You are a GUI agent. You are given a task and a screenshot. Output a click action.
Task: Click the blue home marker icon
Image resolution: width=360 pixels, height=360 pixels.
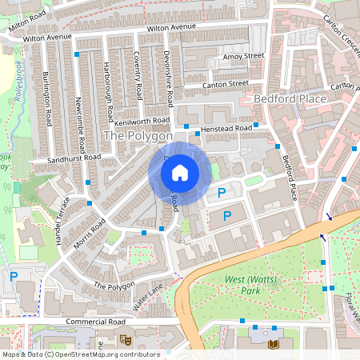tap(180, 173)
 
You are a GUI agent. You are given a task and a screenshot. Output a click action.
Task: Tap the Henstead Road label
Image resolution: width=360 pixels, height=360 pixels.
tap(226, 128)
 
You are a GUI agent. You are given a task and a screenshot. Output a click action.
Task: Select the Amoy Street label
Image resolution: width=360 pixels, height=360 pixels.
tap(244, 56)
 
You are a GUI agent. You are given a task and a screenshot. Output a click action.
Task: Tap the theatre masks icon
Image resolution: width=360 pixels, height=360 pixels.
tap(125, 339)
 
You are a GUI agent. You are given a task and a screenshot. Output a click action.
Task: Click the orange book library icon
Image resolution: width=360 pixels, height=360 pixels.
tap(274, 343)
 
